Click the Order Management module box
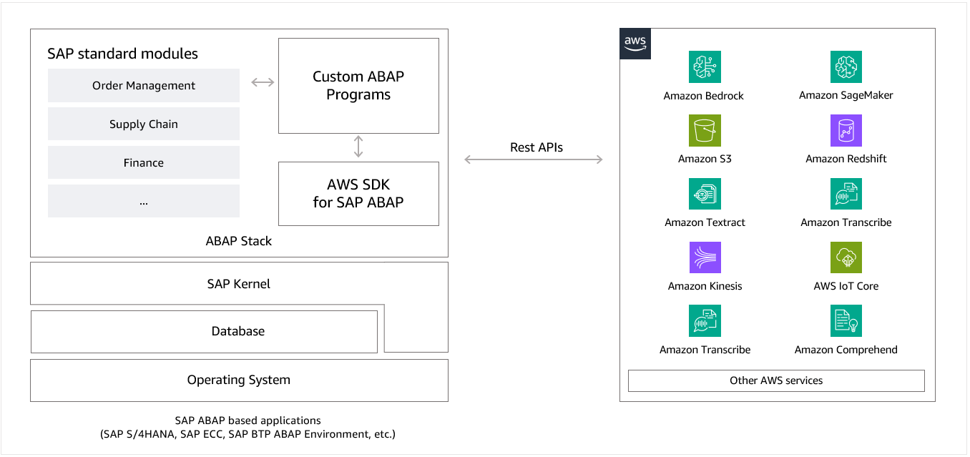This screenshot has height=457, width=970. pyautogui.click(x=144, y=86)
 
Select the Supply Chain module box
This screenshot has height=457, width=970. pyautogui.click(x=144, y=124)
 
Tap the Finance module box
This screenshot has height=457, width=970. pyautogui.click(x=144, y=163)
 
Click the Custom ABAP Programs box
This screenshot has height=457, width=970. pyautogui.click(x=358, y=86)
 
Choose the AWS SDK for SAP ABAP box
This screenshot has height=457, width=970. pyautogui.click(x=358, y=194)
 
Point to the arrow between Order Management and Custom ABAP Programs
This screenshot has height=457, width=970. pyautogui.click(x=263, y=82)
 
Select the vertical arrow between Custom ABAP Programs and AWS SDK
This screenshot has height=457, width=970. pyautogui.click(x=358, y=147)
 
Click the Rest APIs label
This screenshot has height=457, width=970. pyautogui.click(x=536, y=147)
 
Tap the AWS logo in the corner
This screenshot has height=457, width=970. pyautogui.click(x=635, y=44)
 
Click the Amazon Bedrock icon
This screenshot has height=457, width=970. pyautogui.click(x=705, y=67)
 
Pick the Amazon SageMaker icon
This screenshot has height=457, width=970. pyautogui.click(x=846, y=67)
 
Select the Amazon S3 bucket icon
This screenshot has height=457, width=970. pyautogui.click(x=705, y=131)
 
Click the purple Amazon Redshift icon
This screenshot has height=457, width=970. pyautogui.click(x=846, y=131)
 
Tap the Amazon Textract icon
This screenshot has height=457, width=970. pyautogui.click(x=705, y=195)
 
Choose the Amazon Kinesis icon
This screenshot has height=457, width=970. pyautogui.click(x=705, y=257)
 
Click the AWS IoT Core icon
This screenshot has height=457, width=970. pyautogui.click(x=846, y=257)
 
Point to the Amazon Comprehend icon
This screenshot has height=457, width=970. pyautogui.click(x=846, y=321)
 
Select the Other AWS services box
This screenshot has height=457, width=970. pyautogui.click(x=776, y=380)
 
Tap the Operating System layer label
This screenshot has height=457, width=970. pyautogui.click(x=239, y=380)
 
